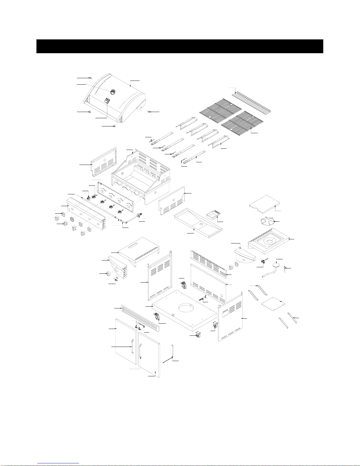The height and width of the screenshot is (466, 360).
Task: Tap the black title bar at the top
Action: (x=180, y=46)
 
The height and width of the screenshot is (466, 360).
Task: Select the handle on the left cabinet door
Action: (x=133, y=345)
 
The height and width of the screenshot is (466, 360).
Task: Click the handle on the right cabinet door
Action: (x=140, y=350)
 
